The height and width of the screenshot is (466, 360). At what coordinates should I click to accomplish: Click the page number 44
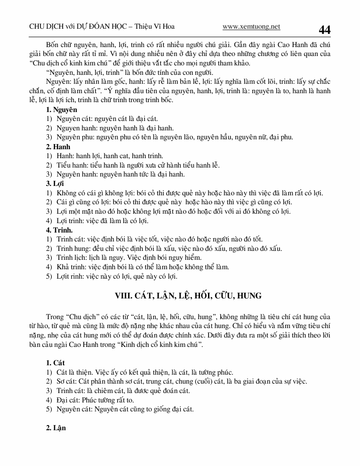click(324, 30)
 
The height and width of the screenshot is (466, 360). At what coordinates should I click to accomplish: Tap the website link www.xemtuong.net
click(251, 27)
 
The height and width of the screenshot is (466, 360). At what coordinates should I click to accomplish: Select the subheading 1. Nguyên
click(62, 110)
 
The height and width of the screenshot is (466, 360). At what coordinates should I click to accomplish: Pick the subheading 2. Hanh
click(58, 147)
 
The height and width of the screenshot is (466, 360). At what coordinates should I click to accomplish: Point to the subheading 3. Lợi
click(55, 184)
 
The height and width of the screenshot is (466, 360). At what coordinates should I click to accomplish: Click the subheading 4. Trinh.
click(59, 230)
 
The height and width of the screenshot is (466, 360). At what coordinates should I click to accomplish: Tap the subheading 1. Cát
click(55, 363)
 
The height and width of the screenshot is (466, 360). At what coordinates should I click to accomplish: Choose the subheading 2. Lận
click(56, 428)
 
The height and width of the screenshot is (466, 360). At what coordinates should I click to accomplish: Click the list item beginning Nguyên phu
click(174, 137)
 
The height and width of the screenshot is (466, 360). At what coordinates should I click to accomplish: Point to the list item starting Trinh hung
click(169, 249)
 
